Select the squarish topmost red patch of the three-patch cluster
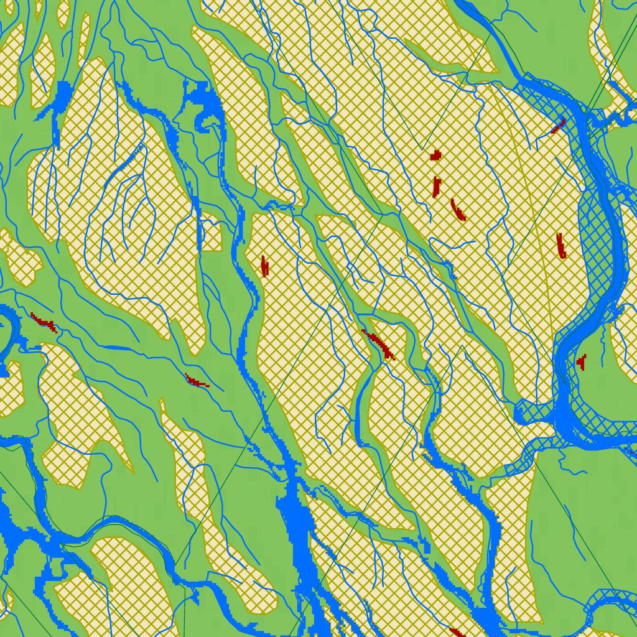coord(436,156)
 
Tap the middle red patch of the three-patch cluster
coord(436,187)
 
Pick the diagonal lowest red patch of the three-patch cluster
coord(458,210)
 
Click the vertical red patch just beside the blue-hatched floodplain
coord(561,246)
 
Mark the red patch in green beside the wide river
coord(582,361)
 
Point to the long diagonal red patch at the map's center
coord(379,344)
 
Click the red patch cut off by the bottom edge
coord(457,633)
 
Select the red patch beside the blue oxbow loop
coord(44,322)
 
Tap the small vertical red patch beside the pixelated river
coord(264,266)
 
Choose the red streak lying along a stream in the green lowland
coord(197,380)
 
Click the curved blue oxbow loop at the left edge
coord(7,336)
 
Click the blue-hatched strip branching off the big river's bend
coord(535,435)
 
